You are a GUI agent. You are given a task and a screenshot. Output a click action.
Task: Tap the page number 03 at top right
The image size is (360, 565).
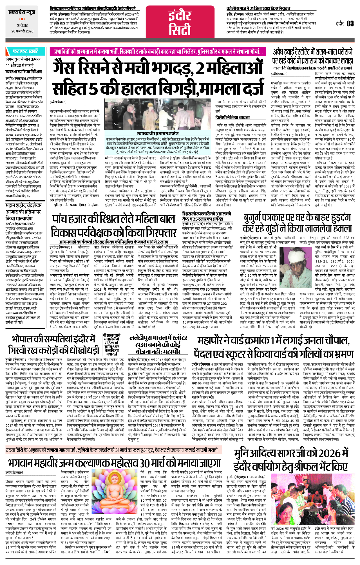click(x=350, y=23)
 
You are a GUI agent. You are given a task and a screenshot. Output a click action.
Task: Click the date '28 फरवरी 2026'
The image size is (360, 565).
click(x=22, y=31)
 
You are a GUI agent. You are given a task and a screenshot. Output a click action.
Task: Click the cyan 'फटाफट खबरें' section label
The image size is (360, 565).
click(x=25, y=51)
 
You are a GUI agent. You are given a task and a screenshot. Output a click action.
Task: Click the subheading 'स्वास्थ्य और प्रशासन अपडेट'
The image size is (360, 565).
click(x=158, y=133)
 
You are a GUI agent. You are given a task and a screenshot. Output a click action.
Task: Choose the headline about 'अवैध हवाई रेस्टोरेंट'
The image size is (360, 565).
click(x=312, y=56)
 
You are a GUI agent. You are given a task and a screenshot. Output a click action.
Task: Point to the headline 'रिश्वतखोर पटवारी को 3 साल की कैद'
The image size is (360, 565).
click(x=207, y=216)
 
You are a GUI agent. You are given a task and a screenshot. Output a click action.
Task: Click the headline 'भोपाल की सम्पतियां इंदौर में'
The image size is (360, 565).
click(x=54, y=345)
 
